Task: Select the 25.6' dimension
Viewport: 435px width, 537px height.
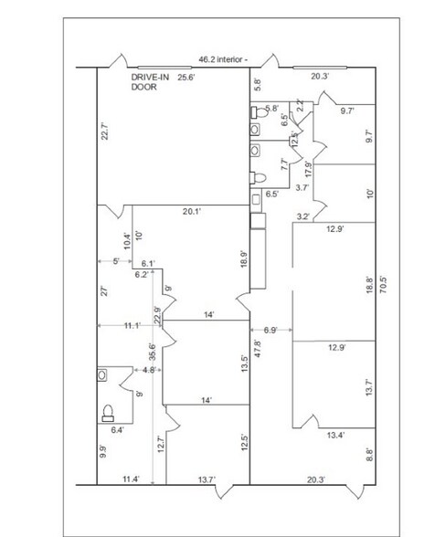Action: (186, 78)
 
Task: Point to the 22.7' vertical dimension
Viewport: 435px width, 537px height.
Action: (105, 132)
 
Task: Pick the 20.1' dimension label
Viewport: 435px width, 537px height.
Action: (192, 211)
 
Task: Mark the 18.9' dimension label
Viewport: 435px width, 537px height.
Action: (244, 259)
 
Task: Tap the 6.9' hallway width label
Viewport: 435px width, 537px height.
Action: (271, 331)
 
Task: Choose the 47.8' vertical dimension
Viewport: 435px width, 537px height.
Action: (258, 349)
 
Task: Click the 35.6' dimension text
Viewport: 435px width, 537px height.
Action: (153, 352)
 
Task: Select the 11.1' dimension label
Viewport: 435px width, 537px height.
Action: (132, 325)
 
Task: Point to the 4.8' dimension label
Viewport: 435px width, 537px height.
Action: (150, 370)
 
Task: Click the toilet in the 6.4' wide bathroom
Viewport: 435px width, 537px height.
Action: (108, 413)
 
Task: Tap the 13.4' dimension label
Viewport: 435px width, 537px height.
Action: (335, 436)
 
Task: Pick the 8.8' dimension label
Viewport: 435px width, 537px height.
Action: (369, 455)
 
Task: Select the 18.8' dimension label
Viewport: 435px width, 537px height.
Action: (369, 285)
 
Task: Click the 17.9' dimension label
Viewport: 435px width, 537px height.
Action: (309, 169)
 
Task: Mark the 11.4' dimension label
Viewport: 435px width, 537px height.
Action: (131, 479)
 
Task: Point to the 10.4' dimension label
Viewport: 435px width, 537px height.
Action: (127, 241)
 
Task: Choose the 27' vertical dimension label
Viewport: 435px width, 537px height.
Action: (105, 290)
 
